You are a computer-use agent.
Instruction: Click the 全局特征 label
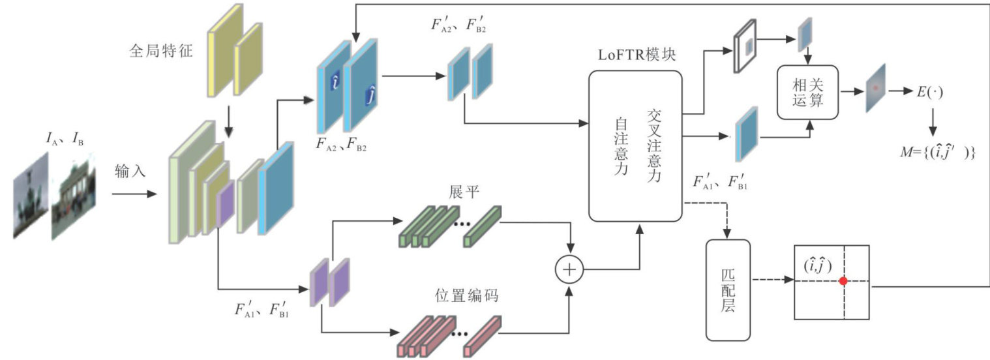160,50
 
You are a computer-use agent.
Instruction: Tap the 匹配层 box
728,289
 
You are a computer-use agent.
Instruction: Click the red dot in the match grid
843,281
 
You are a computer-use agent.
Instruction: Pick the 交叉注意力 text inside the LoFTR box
654,145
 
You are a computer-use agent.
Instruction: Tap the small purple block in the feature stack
225,205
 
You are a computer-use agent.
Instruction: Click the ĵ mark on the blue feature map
369,97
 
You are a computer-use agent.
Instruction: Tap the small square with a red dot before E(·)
876,87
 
